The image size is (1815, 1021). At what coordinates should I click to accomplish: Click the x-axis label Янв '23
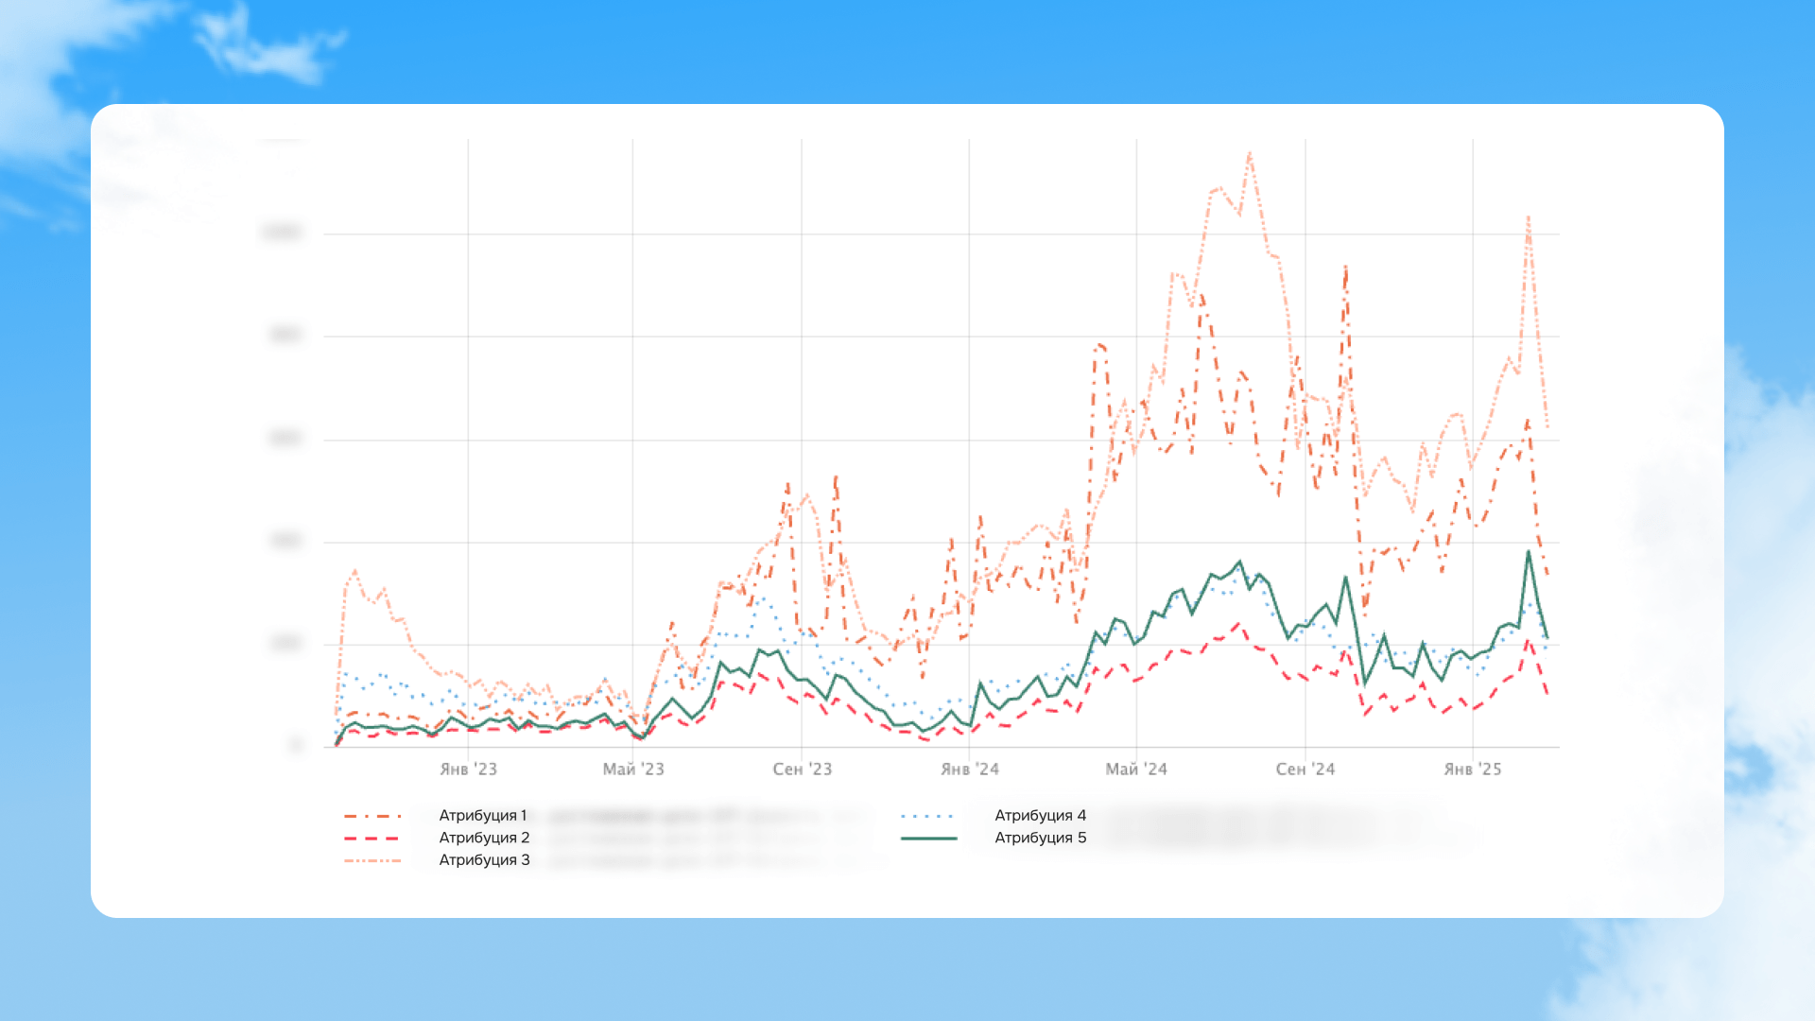click(x=468, y=770)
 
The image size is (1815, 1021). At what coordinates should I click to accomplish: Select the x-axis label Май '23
click(x=633, y=770)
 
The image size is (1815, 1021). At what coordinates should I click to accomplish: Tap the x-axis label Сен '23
click(x=802, y=770)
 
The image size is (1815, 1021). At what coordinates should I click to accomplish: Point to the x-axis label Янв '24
click(x=969, y=770)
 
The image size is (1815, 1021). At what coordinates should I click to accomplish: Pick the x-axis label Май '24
click(x=1136, y=770)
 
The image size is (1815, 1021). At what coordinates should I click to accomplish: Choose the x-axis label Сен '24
click(x=1305, y=770)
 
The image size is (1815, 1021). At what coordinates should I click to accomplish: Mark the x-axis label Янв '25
click(x=1472, y=770)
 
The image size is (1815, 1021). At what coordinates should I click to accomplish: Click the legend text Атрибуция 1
click(x=483, y=815)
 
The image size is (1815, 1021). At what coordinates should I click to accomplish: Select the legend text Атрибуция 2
click(x=484, y=838)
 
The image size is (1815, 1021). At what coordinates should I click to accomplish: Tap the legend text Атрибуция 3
click(x=484, y=860)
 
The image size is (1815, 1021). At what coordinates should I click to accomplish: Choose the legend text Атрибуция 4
click(x=1040, y=815)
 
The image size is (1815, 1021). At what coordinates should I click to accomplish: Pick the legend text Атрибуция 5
click(x=1040, y=838)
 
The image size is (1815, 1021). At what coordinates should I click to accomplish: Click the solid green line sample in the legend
click(x=928, y=839)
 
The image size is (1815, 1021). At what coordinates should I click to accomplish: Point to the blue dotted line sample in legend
click(x=928, y=816)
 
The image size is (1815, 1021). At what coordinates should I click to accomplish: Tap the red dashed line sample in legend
click(x=372, y=839)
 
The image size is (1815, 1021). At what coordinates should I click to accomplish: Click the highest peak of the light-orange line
click(x=1250, y=153)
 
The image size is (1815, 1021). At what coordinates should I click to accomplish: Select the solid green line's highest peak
click(x=1528, y=552)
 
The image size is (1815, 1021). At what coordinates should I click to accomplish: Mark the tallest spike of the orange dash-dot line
click(x=1345, y=268)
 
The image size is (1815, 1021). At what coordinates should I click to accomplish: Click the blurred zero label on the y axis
click(x=297, y=746)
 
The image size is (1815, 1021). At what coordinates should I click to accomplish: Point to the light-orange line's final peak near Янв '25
click(x=1528, y=217)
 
